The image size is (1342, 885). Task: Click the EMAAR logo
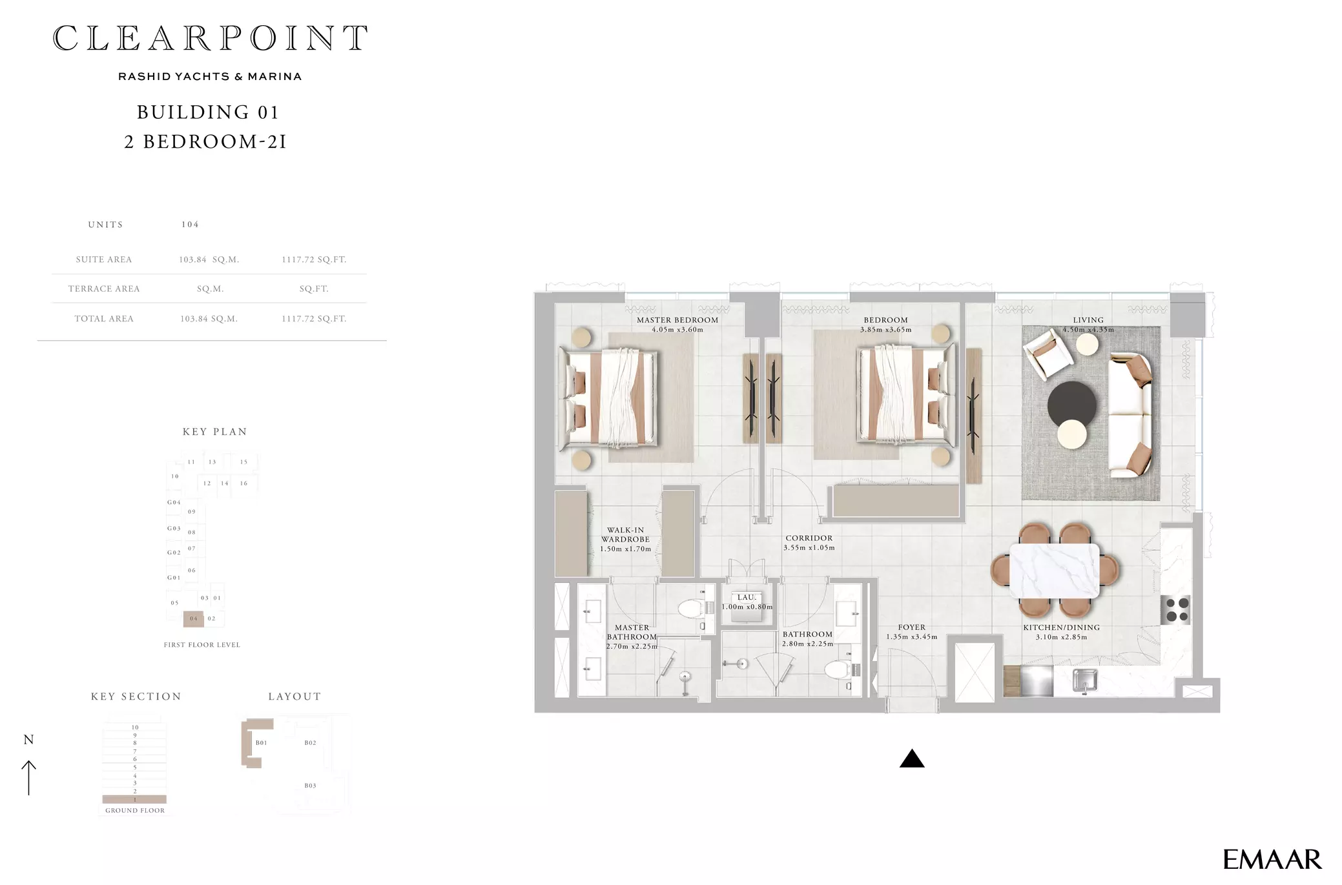(x=1272, y=859)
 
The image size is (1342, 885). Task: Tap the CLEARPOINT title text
(x=211, y=38)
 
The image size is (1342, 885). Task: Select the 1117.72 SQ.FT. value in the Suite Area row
(x=314, y=259)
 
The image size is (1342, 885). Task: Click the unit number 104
(x=190, y=225)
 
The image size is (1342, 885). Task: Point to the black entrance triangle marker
(x=912, y=759)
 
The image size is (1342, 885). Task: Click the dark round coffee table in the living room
(x=1072, y=405)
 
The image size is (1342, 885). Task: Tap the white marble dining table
(x=1055, y=570)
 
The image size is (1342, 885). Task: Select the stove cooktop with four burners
(x=1177, y=610)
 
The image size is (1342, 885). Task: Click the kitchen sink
(x=1085, y=680)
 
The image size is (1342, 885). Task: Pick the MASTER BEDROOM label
(x=677, y=320)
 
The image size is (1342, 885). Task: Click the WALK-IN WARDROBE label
(x=625, y=534)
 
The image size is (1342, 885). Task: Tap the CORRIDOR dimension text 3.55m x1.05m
(x=809, y=548)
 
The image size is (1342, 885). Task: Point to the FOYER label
(x=912, y=627)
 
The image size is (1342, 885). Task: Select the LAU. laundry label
(x=747, y=598)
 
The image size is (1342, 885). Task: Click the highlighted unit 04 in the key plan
(x=194, y=619)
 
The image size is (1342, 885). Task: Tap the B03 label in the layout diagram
(x=311, y=786)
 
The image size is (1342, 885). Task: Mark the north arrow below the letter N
(x=29, y=778)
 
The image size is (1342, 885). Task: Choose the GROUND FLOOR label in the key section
(x=135, y=811)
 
